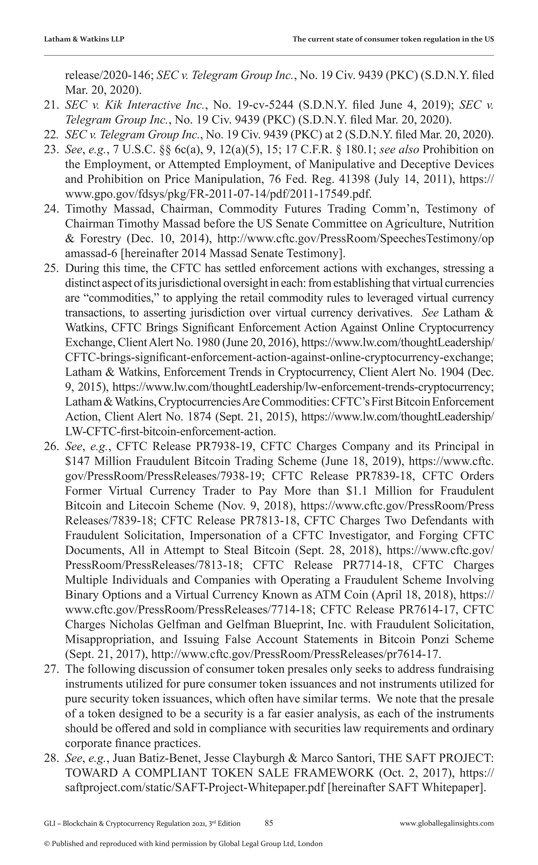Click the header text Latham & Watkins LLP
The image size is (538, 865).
pyautogui.click(x=84, y=39)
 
